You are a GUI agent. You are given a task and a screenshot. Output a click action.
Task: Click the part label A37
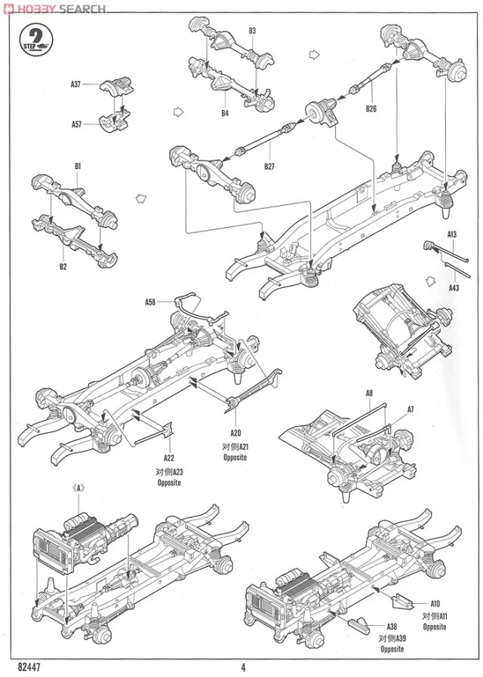point(75,84)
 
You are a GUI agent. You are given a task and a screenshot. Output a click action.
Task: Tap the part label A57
point(75,124)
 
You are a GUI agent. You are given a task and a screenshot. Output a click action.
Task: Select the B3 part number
point(252,31)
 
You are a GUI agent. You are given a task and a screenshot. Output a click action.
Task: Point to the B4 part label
point(225,113)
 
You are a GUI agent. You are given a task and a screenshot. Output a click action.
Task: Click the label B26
point(371,109)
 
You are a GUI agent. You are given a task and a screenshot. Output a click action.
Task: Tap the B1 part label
point(78,165)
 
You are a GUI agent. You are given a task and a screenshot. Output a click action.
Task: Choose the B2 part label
point(63,266)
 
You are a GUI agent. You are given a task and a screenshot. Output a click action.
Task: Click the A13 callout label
point(452,234)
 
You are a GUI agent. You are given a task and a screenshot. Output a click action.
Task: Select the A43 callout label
point(454,287)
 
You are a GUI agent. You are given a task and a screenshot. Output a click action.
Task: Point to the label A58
point(150,302)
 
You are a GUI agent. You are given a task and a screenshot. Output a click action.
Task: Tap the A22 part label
point(168,457)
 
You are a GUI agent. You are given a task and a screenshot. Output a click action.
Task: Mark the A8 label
point(369,393)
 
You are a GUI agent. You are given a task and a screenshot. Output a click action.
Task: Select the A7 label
point(411,409)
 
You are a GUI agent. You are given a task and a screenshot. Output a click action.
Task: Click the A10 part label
point(435,602)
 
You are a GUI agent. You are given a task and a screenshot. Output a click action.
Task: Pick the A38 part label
point(392,625)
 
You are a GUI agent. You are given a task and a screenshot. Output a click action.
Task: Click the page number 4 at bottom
point(244,666)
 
